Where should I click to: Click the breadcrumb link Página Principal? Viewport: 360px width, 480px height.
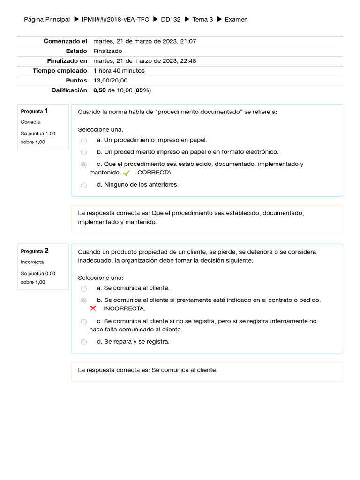(x=46, y=19)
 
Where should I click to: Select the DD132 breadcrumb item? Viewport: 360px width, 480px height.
(x=170, y=19)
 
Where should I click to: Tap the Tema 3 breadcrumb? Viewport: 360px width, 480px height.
(x=202, y=19)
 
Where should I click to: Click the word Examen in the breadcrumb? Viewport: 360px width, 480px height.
(x=236, y=19)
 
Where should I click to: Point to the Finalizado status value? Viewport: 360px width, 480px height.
(x=107, y=51)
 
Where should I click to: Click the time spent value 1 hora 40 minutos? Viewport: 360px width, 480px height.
(x=119, y=71)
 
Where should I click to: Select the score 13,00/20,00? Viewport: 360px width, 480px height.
(x=110, y=81)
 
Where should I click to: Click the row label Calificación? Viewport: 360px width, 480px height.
(x=69, y=90)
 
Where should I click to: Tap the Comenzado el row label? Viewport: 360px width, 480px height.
(x=65, y=41)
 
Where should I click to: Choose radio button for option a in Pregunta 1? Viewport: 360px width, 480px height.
(x=83, y=140)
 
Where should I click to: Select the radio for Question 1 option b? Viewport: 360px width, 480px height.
(x=83, y=152)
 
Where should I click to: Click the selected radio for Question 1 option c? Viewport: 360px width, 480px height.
(x=83, y=165)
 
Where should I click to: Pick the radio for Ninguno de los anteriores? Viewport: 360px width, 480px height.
(x=83, y=185)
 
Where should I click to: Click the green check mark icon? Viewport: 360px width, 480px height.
(x=126, y=173)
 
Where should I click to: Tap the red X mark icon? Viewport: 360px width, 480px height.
(x=93, y=308)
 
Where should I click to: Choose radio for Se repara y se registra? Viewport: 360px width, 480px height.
(x=83, y=342)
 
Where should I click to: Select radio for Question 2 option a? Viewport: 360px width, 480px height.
(x=83, y=289)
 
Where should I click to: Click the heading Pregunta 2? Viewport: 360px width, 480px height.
(x=35, y=251)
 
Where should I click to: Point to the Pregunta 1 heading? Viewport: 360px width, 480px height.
(x=35, y=111)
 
